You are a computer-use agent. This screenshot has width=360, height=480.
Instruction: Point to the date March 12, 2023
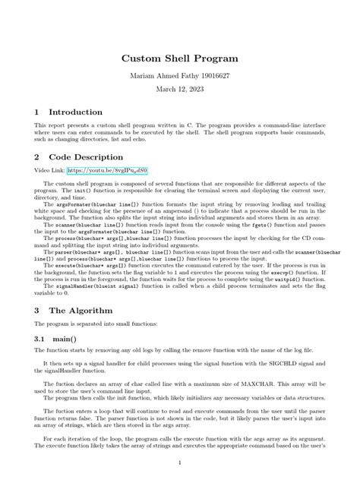click(180, 91)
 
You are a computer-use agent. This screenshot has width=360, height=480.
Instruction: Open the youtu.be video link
click(118, 172)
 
